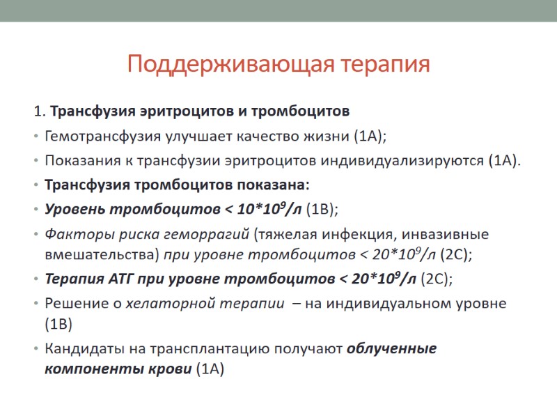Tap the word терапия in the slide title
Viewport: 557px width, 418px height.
(x=386, y=65)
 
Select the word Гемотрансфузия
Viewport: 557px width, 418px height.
(x=96, y=136)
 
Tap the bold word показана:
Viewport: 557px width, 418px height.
(x=275, y=186)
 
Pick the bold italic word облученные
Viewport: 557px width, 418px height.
(x=392, y=349)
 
